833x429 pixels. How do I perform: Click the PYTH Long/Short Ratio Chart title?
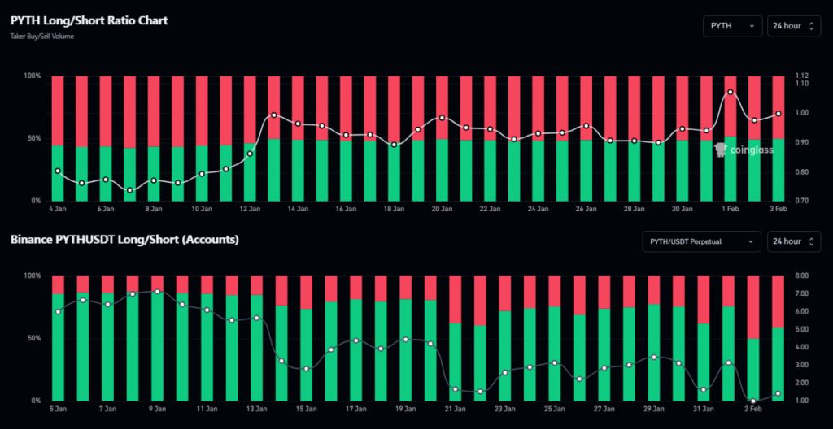(x=89, y=20)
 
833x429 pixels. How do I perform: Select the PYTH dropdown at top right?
(x=732, y=26)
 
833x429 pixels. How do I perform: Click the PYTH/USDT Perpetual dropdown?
(x=700, y=241)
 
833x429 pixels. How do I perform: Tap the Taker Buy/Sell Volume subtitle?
(x=42, y=37)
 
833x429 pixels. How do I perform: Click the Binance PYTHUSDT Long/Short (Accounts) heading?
(x=124, y=240)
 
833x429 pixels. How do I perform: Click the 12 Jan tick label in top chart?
(x=250, y=209)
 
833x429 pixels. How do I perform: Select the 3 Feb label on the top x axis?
(x=778, y=209)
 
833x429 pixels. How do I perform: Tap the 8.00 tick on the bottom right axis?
(x=799, y=276)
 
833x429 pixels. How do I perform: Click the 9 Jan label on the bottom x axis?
(x=157, y=409)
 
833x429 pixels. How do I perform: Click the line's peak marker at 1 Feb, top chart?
(x=730, y=92)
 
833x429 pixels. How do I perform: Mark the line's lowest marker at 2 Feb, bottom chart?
(x=753, y=401)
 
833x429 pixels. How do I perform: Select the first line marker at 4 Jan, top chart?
(x=58, y=171)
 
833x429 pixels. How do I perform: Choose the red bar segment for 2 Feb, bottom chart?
(x=753, y=306)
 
